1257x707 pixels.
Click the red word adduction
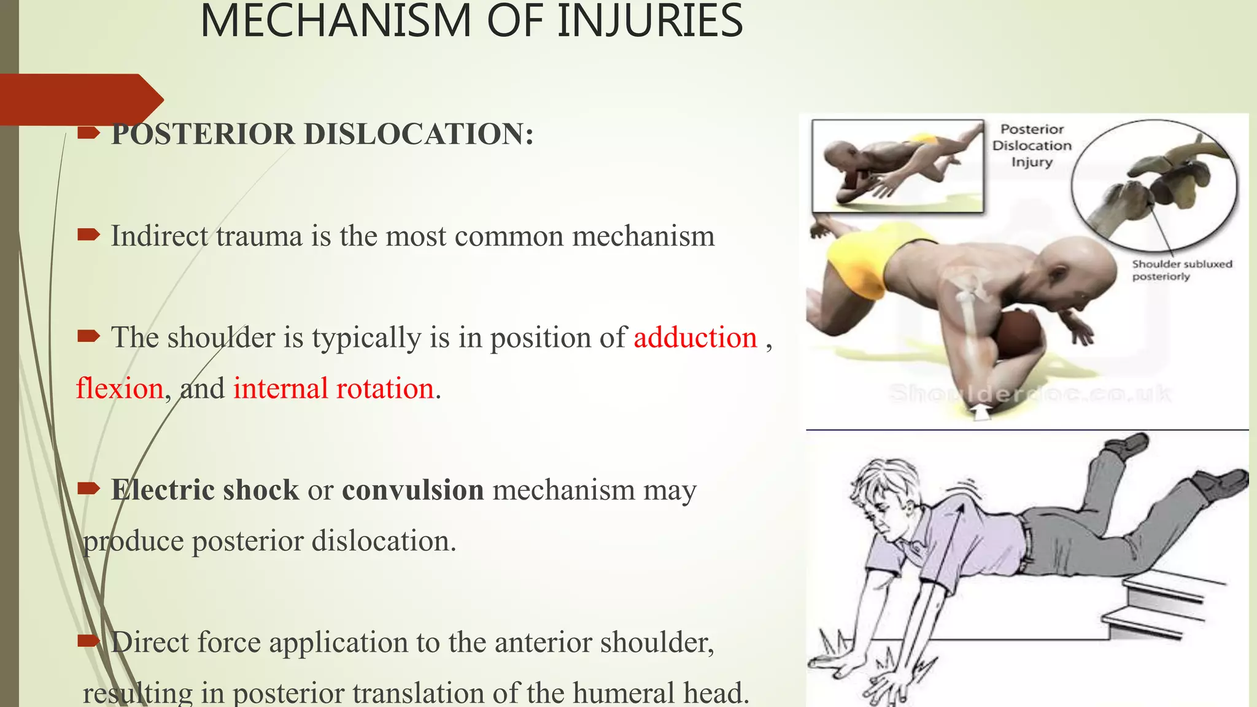tap(695, 338)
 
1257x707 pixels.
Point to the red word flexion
tap(120, 388)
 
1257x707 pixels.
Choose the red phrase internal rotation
tap(333, 388)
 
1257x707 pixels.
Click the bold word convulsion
tap(412, 490)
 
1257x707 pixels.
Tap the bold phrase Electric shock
tap(205, 490)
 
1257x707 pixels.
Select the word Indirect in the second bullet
tap(159, 236)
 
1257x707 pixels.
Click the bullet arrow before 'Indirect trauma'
tap(88, 234)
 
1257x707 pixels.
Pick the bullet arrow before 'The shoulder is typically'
tap(88, 335)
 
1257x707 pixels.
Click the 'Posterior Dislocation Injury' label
tap(1032, 145)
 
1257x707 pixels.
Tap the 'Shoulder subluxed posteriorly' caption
tap(1181, 270)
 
